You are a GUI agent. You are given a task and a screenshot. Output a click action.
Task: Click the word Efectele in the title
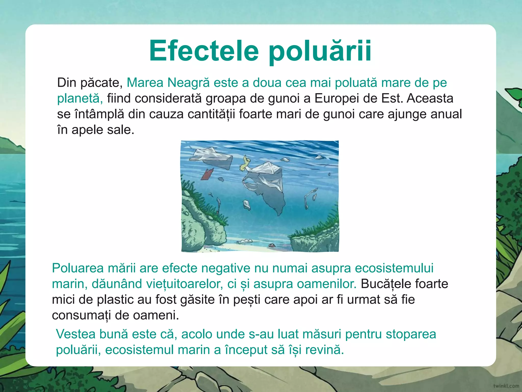click(204, 51)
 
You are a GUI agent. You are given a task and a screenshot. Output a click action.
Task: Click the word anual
click(446, 114)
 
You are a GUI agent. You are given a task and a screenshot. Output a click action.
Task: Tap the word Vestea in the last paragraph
click(75, 334)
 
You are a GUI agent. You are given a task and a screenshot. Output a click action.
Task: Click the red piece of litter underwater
click(207, 174)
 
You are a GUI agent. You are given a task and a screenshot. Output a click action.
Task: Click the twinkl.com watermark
click(506, 386)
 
